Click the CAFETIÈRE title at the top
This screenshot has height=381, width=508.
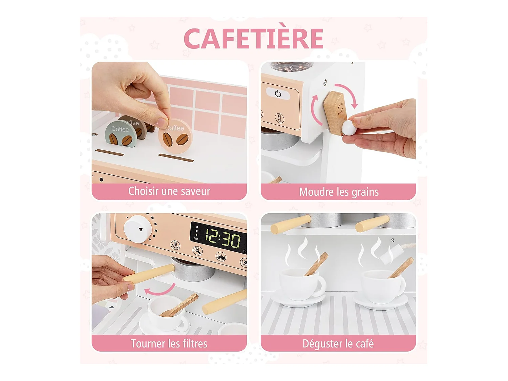(x=253, y=39)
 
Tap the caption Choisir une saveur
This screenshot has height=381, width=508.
(x=169, y=191)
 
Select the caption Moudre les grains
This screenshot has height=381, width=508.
(x=338, y=192)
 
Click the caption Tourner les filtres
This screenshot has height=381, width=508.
(x=169, y=343)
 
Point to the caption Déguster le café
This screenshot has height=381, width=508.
(x=338, y=343)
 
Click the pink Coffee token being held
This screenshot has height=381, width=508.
(x=175, y=136)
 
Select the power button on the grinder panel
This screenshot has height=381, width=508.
(x=278, y=94)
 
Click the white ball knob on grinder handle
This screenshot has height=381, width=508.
(x=348, y=128)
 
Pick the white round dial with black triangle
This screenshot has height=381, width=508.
(x=137, y=229)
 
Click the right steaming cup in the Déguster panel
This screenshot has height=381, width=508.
(x=383, y=286)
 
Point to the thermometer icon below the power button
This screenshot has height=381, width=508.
(x=279, y=118)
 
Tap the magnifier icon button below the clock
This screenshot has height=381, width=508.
(x=197, y=251)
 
